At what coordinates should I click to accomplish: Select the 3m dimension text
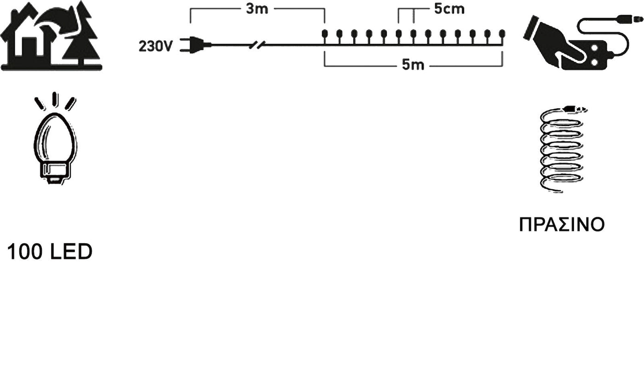(257, 9)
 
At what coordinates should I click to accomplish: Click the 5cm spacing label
(449, 9)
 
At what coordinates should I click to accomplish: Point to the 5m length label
(413, 65)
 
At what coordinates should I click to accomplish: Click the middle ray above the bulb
(55, 99)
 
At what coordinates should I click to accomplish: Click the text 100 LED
(50, 252)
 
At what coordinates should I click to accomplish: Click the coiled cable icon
(561, 150)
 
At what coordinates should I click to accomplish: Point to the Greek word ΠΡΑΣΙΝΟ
(561, 224)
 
